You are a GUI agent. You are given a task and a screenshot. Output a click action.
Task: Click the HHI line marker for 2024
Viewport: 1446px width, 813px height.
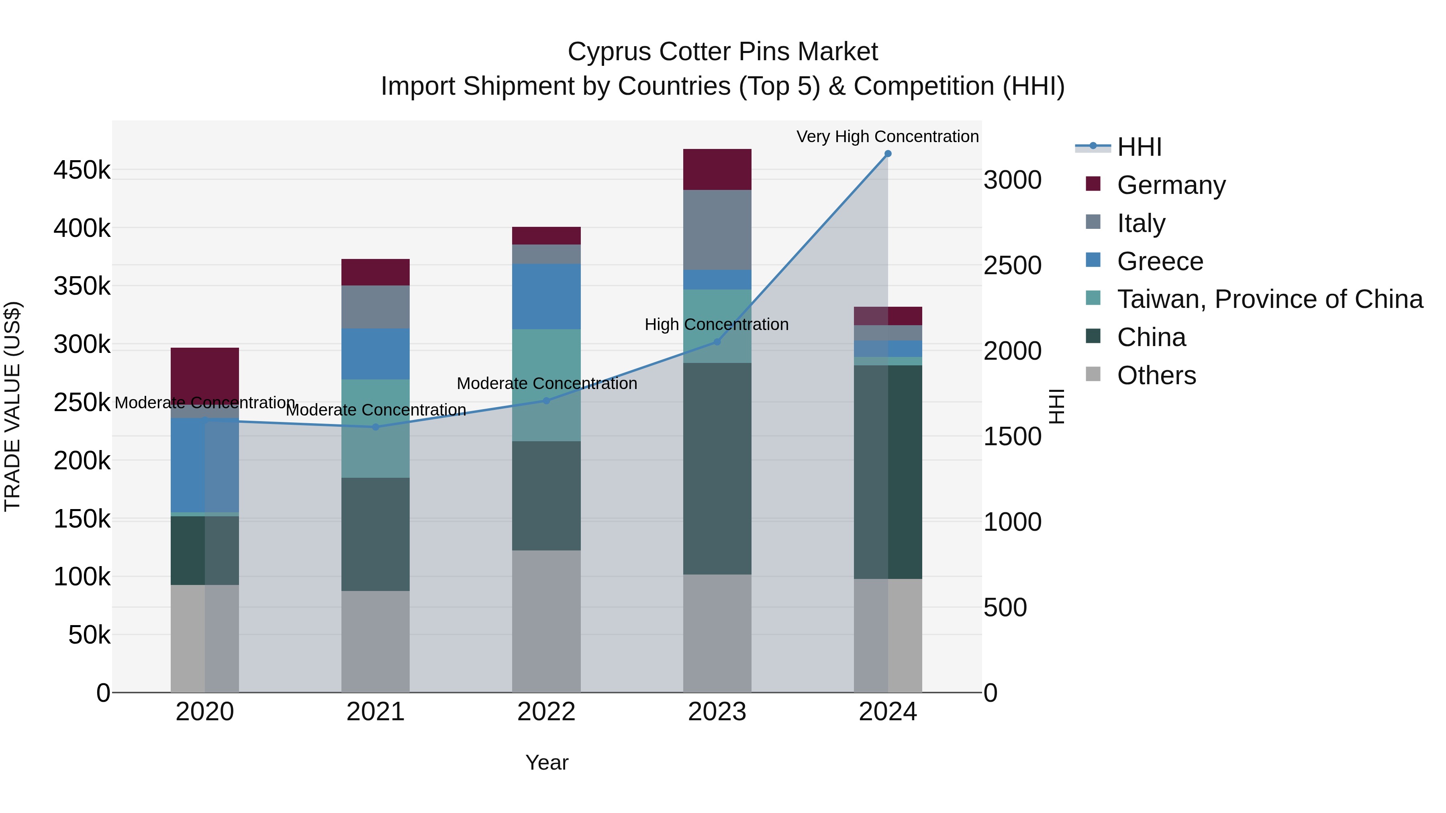click(x=887, y=154)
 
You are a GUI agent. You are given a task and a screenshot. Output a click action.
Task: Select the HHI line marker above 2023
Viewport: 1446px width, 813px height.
click(x=717, y=342)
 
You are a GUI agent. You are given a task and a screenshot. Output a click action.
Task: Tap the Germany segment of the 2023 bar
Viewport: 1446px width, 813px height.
click(x=717, y=169)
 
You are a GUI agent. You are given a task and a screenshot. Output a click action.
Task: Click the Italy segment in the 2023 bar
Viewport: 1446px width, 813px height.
click(x=717, y=230)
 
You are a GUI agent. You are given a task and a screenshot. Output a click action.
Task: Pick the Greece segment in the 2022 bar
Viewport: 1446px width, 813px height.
click(x=546, y=296)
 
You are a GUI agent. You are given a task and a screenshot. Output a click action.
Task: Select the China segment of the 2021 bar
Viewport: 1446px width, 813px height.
click(x=376, y=534)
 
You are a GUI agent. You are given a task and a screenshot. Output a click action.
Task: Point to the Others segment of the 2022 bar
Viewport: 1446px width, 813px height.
click(x=546, y=621)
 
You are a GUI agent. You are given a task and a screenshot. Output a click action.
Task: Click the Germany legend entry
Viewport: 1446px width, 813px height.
click(x=1171, y=185)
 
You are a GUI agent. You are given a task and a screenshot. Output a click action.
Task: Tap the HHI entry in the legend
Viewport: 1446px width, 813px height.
click(x=1139, y=147)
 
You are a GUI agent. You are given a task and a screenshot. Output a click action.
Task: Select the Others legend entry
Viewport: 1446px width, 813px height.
click(x=1156, y=375)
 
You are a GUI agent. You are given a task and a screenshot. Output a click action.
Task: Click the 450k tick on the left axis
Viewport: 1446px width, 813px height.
click(x=82, y=169)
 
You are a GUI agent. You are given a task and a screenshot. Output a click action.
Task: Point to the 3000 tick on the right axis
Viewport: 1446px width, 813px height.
click(x=1013, y=180)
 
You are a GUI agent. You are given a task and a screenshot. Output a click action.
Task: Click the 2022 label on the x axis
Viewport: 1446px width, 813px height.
click(x=546, y=712)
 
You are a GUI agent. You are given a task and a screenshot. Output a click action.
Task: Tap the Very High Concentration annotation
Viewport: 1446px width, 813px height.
click(x=887, y=137)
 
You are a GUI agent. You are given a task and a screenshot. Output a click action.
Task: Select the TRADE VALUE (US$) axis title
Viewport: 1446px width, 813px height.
click(x=12, y=406)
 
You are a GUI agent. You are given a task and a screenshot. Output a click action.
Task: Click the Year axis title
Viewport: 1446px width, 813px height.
click(x=547, y=762)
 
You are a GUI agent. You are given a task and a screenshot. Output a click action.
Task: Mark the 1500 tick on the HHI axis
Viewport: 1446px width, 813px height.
click(x=1013, y=436)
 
